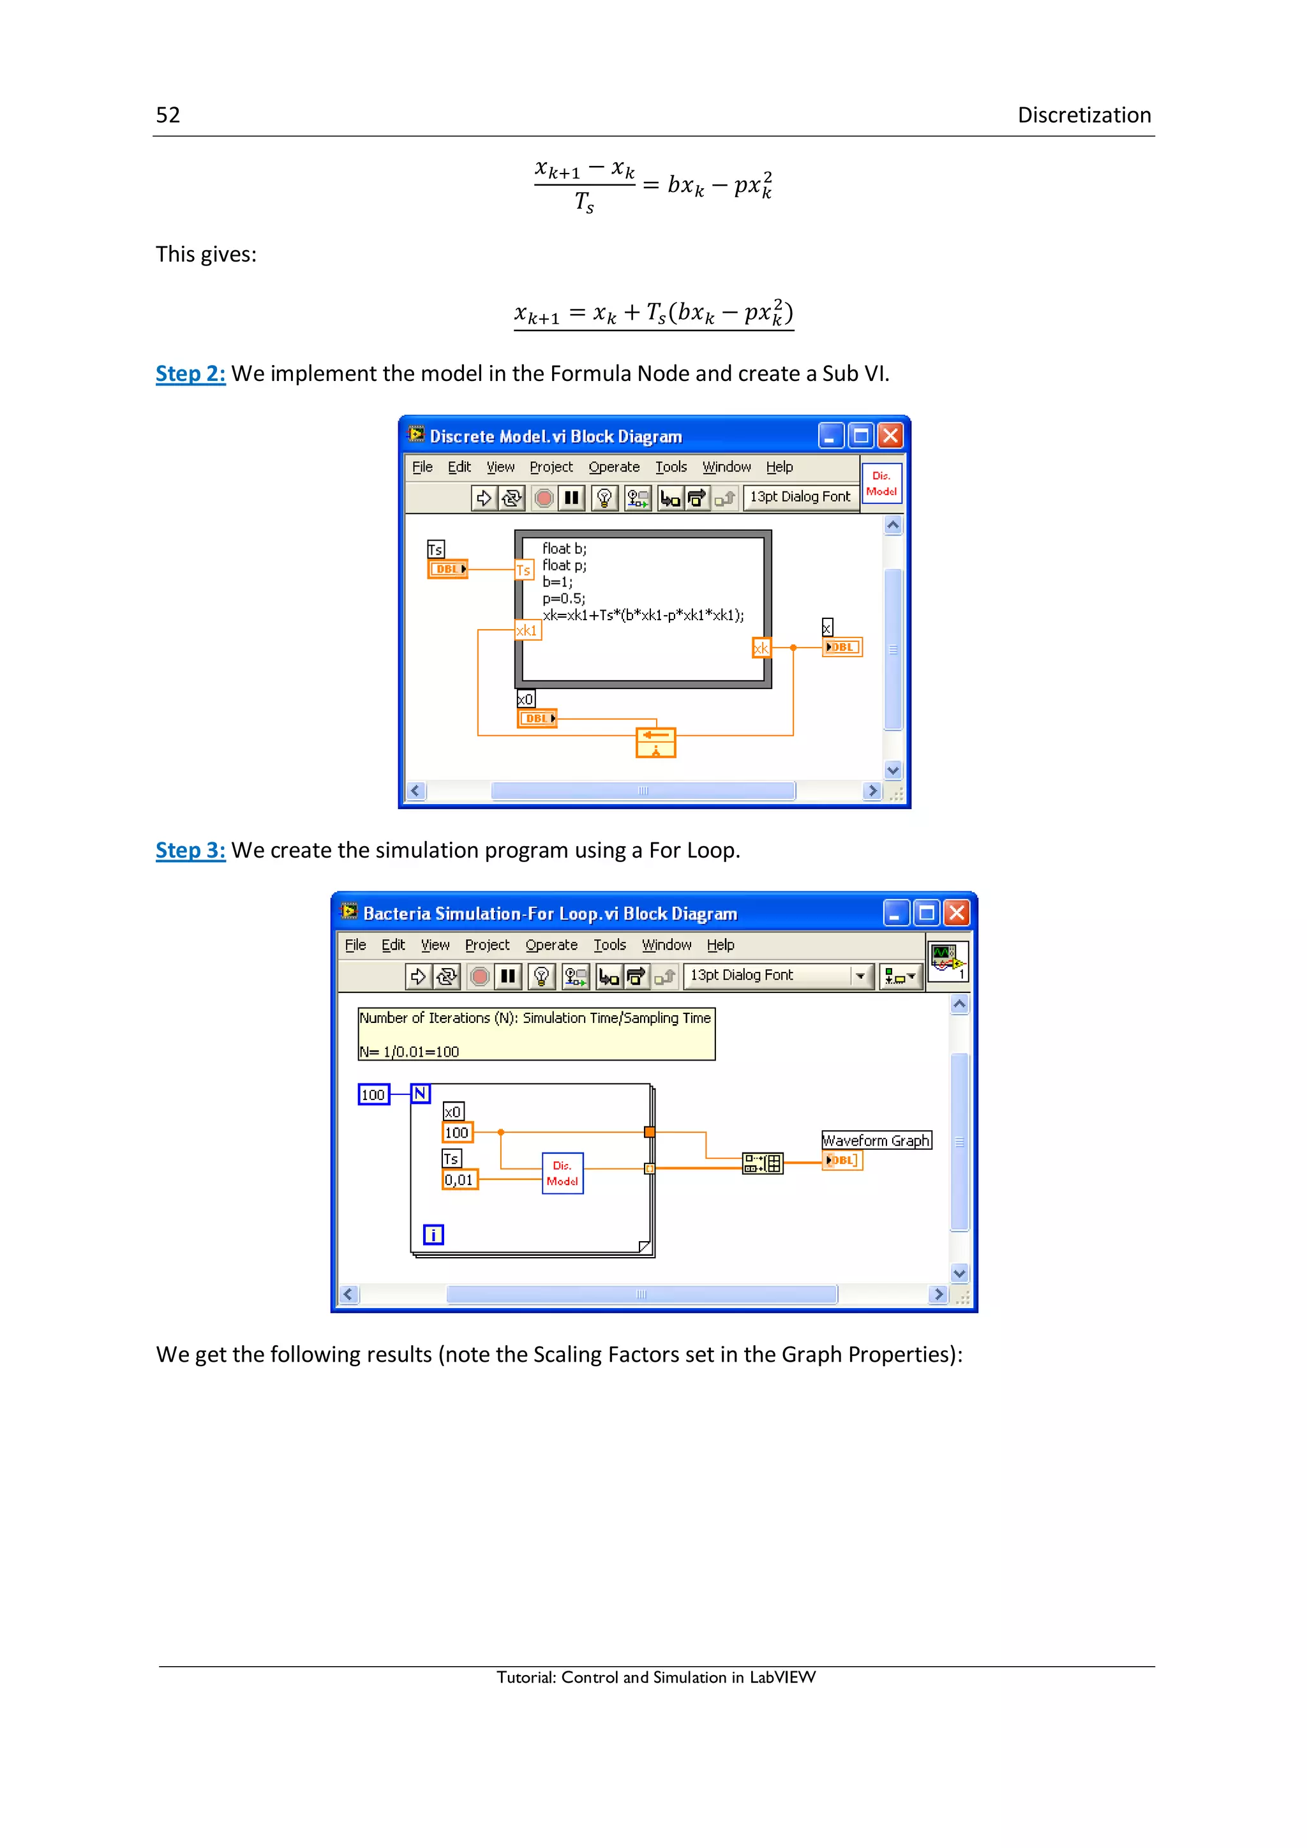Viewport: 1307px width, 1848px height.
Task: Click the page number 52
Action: click(167, 115)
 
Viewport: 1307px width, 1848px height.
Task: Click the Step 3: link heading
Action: click(190, 850)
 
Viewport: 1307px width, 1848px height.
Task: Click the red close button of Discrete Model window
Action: click(889, 436)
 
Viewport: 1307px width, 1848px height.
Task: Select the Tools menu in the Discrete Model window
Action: click(670, 467)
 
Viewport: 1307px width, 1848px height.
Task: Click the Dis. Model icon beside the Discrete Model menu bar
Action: click(881, 484)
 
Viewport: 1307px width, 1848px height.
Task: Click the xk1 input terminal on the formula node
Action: click(527, 630)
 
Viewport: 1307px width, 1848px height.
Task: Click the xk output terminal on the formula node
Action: click(761, 648)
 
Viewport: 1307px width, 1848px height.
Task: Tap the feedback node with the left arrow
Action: click(655, 742)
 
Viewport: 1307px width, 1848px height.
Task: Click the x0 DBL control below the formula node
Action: click(537, 718)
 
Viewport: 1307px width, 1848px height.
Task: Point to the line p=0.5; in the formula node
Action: click(564, 598)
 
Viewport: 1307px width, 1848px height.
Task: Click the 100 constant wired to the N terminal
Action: click(373, 1094)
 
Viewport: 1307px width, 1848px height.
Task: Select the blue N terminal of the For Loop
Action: click(420, 1093)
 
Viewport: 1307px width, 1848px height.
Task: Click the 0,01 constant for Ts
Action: click(459, 1180)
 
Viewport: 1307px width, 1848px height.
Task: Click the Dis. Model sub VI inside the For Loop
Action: click(562, 1174)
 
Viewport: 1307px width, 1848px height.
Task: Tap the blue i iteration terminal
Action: click(433, 1235)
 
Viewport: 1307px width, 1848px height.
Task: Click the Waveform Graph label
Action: click(876, 1140)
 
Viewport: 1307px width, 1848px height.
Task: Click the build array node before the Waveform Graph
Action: click(761, 1163)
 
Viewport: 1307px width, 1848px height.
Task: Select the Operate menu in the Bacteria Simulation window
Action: click(551, 945)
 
